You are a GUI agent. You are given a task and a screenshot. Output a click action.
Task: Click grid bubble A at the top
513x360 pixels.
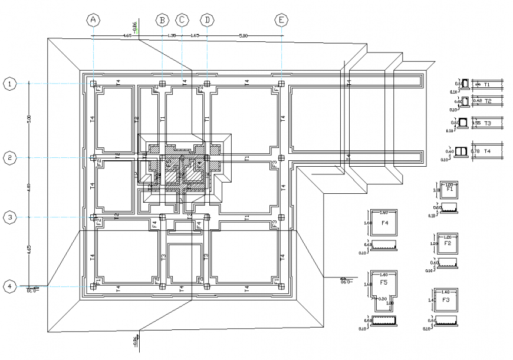pos(93,20)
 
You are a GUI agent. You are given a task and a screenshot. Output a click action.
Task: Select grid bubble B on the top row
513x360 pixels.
pos(162,20)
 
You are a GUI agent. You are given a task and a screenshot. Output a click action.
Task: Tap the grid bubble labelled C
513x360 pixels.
pos(182,20)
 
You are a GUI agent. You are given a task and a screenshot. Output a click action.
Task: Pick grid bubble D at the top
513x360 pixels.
pos(207,20)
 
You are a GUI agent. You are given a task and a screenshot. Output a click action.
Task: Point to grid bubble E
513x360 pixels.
pos(282,20)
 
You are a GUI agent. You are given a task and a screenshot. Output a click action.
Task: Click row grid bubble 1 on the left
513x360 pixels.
pos(10,84)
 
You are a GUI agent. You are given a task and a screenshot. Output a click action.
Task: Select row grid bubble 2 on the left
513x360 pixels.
pos(10,157)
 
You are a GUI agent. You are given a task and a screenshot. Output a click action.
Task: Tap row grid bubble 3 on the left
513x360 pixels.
pos(10,217)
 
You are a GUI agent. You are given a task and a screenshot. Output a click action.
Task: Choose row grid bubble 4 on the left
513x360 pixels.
pos(10,286)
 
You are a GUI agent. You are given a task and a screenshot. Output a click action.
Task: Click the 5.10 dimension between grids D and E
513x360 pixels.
pos(243,36)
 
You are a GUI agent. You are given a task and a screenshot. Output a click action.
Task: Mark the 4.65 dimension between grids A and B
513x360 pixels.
pos(127,36)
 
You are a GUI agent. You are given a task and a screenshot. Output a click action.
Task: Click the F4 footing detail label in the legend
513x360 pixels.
pos(384,223)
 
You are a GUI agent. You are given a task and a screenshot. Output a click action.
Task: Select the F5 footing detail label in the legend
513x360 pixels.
pos(384,283)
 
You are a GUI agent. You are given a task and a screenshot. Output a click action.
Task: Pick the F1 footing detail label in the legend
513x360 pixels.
pos(449,190)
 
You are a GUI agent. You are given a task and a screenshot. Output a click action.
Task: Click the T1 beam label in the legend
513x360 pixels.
pos(487,85)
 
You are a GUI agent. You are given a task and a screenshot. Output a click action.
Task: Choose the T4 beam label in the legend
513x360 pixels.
pos(487,151)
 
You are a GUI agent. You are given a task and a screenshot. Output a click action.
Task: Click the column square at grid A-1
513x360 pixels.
pos(93,84)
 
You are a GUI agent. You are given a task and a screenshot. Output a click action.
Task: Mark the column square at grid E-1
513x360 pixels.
pos(282,84)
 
